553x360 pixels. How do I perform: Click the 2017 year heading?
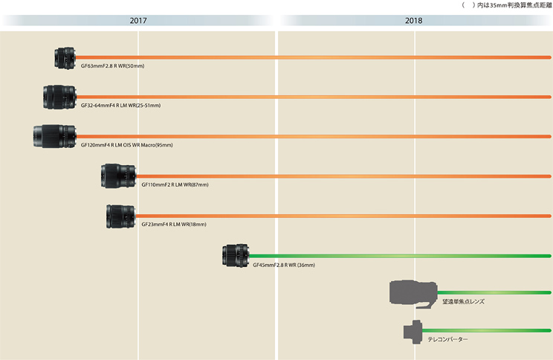pos(138,21)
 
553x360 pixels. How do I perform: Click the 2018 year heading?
pos(414,21)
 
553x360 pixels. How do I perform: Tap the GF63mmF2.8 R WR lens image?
pos(65,57)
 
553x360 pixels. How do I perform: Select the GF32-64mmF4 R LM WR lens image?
pos(59,97)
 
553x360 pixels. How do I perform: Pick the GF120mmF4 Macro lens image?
pos(54,137)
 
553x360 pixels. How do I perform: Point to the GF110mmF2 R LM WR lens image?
pos(117,176)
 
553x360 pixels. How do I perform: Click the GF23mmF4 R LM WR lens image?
pos(120,216)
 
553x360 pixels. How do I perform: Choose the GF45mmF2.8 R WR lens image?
pos(236,255)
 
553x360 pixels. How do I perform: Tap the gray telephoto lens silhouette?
pos(413,292)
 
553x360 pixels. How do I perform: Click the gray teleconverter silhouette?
pos(412,332)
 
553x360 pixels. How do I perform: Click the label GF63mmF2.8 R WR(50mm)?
pos(112,66)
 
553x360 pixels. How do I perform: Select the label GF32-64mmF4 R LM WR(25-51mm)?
pos(120,106)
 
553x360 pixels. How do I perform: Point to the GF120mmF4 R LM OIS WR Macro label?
pos(126,145)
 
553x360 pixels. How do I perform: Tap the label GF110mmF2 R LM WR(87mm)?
pos(175,184)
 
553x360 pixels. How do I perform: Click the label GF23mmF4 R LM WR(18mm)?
pos(174,224)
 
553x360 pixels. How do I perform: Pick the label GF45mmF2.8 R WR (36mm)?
pos(284,264)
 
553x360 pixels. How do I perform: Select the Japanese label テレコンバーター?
pos(447,340)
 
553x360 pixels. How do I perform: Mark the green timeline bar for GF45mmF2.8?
pos(401,256)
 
